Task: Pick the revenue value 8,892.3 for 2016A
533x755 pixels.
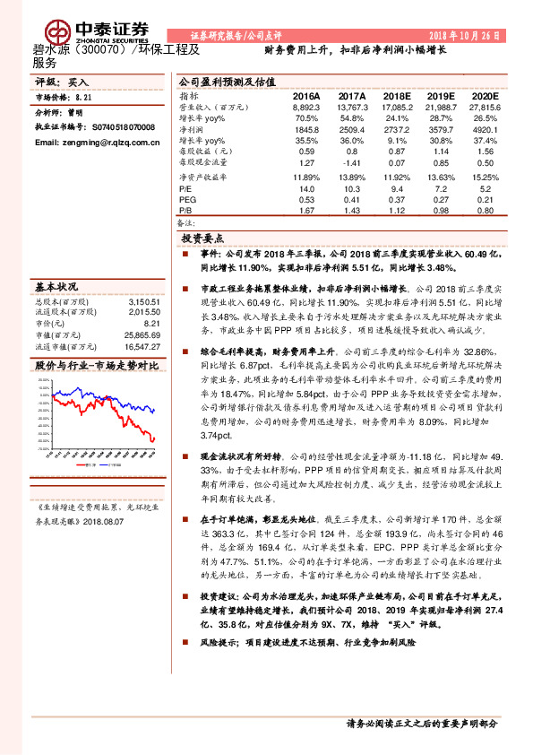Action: (306, 107)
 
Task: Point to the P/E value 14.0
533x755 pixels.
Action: (306, 189)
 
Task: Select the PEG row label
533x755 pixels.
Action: (186, 199)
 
